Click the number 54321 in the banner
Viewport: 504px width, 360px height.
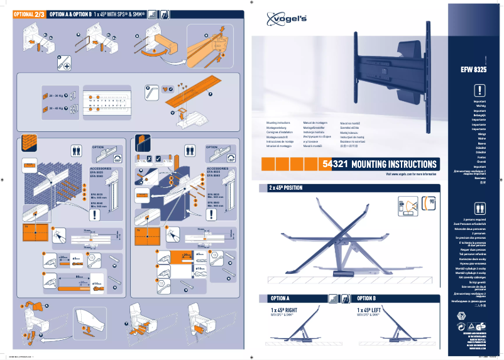[x=335, y=164]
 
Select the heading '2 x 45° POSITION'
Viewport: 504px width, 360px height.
[x=286, y=188]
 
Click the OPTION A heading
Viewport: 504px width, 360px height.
[x=280, y=298]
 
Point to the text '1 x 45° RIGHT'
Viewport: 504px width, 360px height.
[x=284, y=310]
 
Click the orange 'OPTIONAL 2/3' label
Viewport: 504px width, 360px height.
[x=29, y=13]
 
